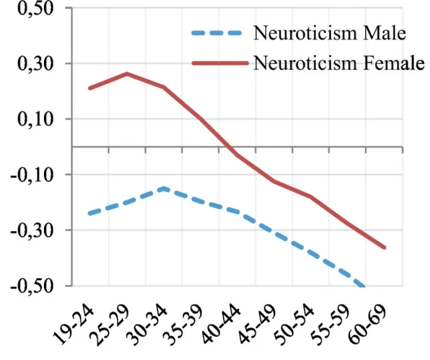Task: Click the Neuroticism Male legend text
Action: pyautogui.click(x=329, y=33)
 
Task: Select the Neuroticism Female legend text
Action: pyautogui.click(x=339, y=63)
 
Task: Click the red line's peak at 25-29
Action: pyautogui.click(x=127, y=74)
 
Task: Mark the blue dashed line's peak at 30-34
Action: pyautogui.click(x=163, y=188)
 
